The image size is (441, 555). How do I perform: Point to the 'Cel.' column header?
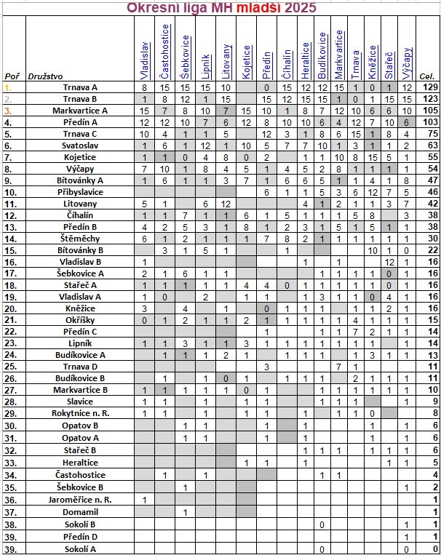427,76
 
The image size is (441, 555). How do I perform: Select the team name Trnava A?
80,87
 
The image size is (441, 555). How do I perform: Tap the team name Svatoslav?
80,145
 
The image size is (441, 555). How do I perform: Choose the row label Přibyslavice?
80,192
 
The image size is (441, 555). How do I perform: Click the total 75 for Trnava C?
429,134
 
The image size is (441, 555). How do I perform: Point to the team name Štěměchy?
80,239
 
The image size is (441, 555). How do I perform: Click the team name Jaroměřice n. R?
80,500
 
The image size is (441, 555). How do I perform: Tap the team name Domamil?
80,511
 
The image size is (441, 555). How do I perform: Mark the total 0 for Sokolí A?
434,548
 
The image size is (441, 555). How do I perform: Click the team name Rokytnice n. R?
80,412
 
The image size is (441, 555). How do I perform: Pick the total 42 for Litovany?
429,204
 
